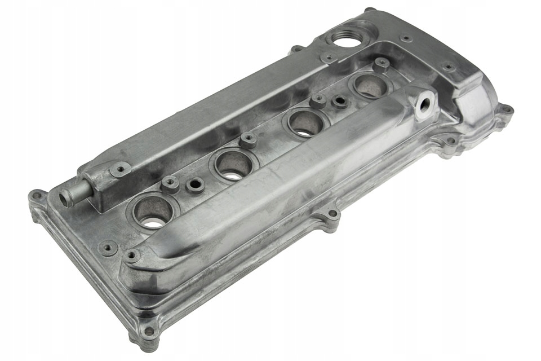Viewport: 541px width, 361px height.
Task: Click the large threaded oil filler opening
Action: (x=343, y=38)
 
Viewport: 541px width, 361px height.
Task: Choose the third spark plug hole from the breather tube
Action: (x=307, y=122)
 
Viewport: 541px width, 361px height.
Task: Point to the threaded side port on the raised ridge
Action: (x=424, y=104)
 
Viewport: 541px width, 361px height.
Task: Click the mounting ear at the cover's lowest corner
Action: (x=148, y=331)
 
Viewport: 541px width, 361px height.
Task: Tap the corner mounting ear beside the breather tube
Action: (x=38, y=197)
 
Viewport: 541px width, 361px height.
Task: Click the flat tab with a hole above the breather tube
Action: (x=121, y=168)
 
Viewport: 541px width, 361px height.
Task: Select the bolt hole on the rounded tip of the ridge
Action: (x=132, y=256)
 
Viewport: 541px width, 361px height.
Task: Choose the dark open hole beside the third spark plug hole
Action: (x=339, y=102)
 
